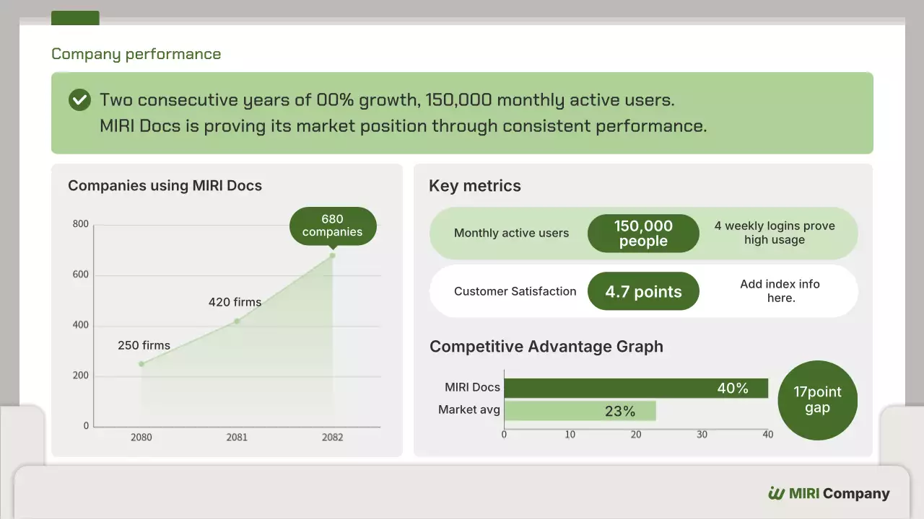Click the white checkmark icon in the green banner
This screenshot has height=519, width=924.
tap(79, 99)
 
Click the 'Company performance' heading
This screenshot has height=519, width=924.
tap(136, 54)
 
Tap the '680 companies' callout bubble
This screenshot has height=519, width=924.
tap(333, 226)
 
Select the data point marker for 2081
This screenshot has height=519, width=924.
tap(237, 321)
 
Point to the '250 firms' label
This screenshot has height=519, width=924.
tap(144, 345)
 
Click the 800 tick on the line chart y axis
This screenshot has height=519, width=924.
tap(81, 224)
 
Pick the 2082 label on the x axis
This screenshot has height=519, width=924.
tap(333, 437)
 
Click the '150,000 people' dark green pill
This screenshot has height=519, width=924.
tap(643, 234)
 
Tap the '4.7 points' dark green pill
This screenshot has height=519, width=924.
tap(643, 291)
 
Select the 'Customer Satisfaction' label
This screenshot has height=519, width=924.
tap(515, 291)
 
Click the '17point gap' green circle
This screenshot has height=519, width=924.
tap(817, 400)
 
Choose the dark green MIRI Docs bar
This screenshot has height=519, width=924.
tap(635, 389)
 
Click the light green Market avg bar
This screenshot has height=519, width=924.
tap(580, 411)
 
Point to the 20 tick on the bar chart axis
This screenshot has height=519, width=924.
tap(636, 435)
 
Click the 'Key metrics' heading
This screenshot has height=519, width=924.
tap(474, 186)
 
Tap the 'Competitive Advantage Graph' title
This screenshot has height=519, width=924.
tap(546, 347)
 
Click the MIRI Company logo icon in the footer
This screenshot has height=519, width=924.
tap(776, 494)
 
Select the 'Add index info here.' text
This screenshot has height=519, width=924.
tap(780, 290)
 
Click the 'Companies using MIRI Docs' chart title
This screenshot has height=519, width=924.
tap(165, 186)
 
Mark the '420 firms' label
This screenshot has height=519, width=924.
tap(235, 302)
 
